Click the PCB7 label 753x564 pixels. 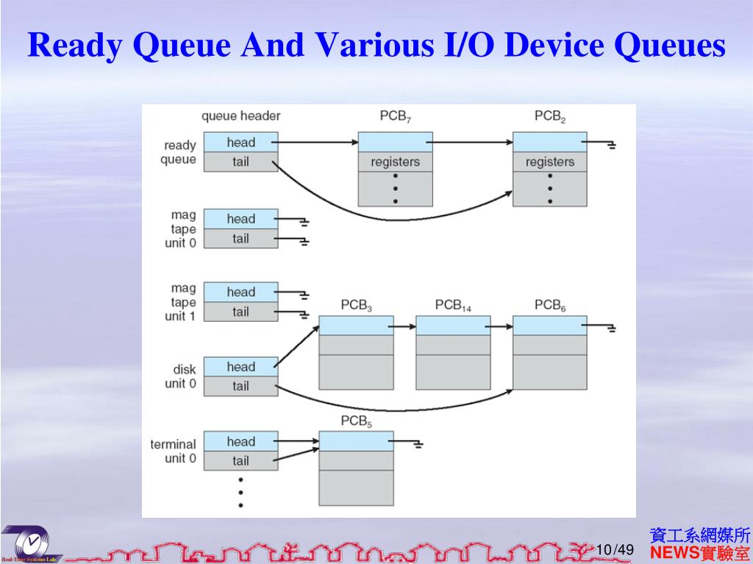point(395,117)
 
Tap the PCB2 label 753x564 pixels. point(549,117)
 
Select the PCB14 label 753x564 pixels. point(452,305)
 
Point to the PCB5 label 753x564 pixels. point(356,422)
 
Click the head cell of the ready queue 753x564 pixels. point(241,142)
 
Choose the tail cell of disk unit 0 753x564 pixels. point(241,386)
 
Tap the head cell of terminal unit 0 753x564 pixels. point(241,441)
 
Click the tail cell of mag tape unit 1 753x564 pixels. point(241,312)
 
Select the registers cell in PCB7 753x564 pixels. point(395,162)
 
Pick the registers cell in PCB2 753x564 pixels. point(549,162)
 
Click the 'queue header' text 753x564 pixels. point(240,116)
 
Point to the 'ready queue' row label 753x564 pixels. point(179,153)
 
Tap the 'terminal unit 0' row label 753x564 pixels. point(174,452)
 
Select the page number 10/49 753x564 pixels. point(615,550)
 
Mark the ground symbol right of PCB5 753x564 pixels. point(418,444)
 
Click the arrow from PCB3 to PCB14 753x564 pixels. point(404,326)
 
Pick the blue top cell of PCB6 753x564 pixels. point(549,325)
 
